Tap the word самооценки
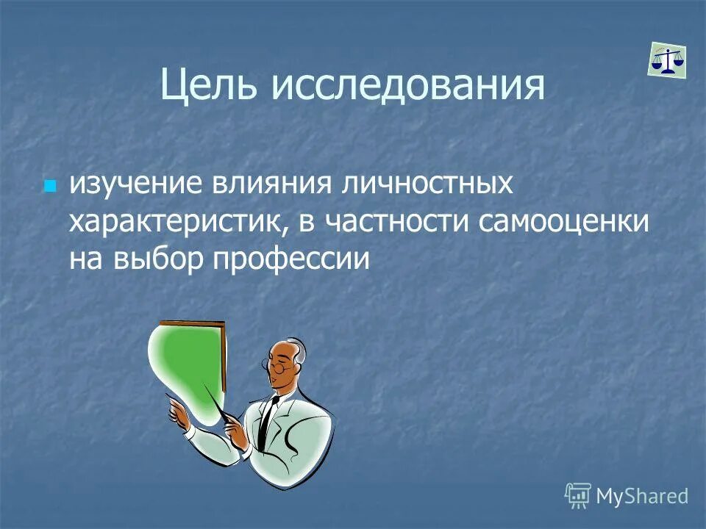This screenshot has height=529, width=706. coord(563,222)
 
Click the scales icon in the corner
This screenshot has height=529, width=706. coord(667,59)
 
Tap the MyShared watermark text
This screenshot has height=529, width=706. coord(642,496)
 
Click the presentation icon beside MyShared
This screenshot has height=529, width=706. coord(578,496)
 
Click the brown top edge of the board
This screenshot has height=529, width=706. coord(193,323)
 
